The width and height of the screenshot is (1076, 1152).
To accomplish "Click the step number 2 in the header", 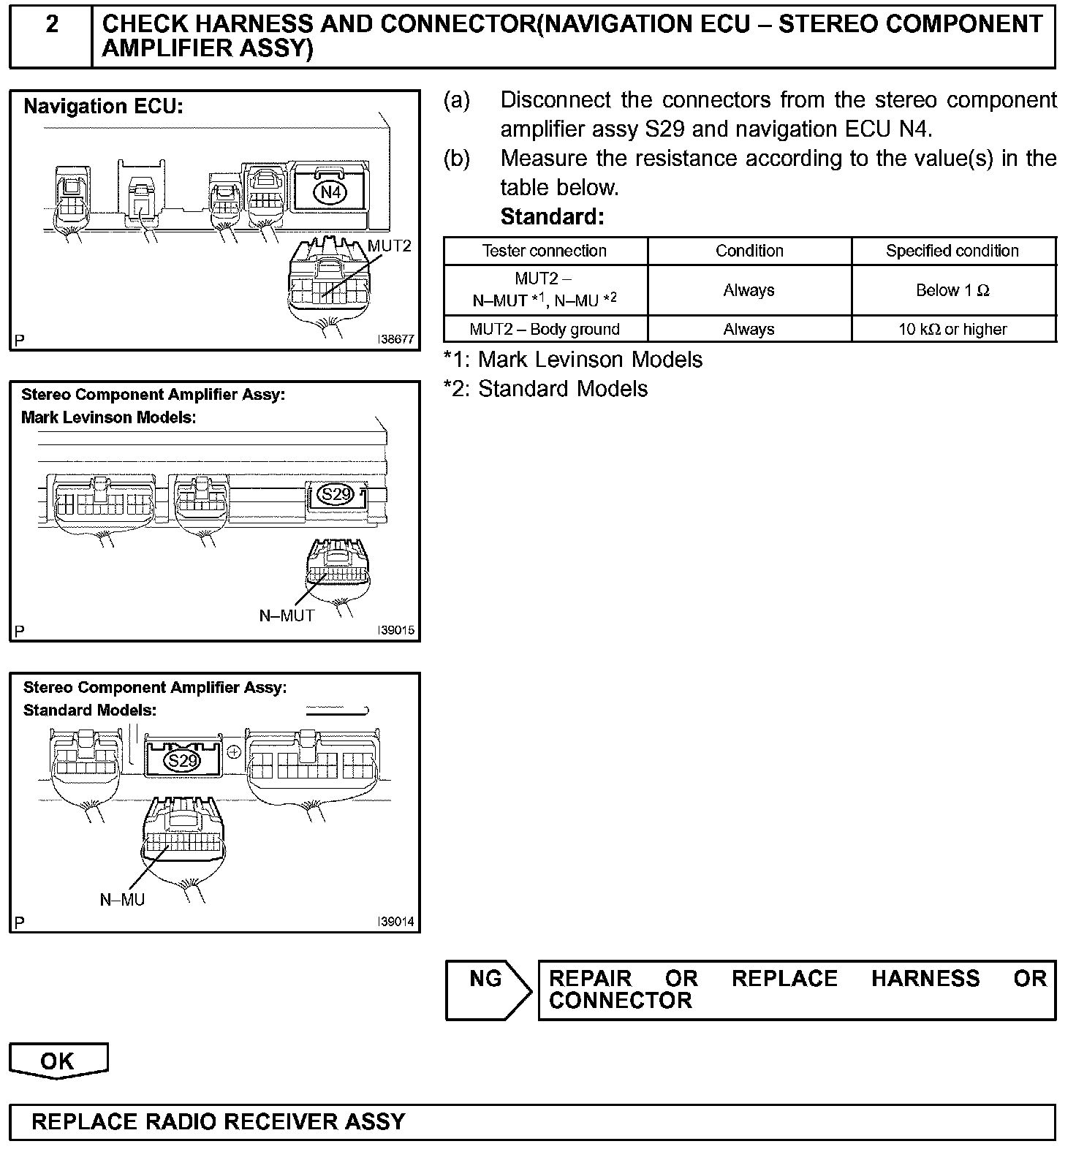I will coord(51,24).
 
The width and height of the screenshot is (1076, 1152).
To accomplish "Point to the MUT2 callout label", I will coord(390,246).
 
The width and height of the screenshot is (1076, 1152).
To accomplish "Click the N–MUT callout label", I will coord(287,615).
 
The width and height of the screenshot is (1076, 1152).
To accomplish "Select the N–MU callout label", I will coord(122,899).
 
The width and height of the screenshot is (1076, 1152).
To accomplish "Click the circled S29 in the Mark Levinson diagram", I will coord(336,494).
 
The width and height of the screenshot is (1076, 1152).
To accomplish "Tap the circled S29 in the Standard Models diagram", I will coord(182,762).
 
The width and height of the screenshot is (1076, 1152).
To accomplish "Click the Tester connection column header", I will coord(545,251).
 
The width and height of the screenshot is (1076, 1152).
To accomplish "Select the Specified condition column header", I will coord(952,251).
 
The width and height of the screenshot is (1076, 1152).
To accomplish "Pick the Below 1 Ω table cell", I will coord(952,290).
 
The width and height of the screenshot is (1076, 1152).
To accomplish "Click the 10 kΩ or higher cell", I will coord(952,330).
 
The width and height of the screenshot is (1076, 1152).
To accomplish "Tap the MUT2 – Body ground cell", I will coord(545,330).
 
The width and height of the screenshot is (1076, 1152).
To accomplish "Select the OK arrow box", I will coord(58,1061).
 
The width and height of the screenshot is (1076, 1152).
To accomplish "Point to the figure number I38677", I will coord(396,340).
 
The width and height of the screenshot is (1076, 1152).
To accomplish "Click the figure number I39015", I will coord(396,631).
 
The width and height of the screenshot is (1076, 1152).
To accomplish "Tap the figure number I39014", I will coord(396,922).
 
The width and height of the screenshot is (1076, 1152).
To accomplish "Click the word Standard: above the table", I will coord(552,216).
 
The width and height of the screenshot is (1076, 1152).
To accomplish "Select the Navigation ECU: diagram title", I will coord(103,107).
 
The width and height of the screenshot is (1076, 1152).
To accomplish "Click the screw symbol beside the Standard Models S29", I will coord(235,751).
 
